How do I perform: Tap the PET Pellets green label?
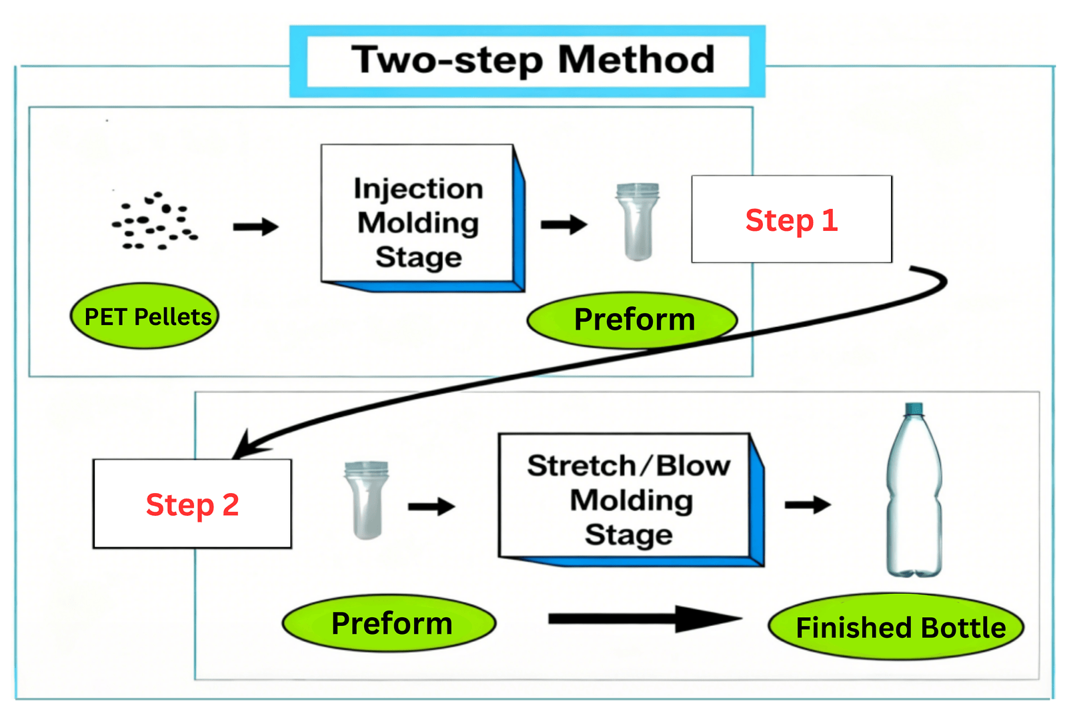[145, 316]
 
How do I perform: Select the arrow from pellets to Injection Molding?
[255, 227]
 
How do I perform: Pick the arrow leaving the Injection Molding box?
[564, 225]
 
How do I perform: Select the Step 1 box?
[792, 220]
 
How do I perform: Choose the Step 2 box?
[192, 504]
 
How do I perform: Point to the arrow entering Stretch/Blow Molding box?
[431, 507]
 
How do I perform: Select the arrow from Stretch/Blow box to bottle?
[807, 505]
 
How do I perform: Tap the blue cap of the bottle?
[914, 408]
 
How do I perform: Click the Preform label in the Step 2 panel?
[389, 623]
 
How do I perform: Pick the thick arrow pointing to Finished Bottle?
[644, 619]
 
